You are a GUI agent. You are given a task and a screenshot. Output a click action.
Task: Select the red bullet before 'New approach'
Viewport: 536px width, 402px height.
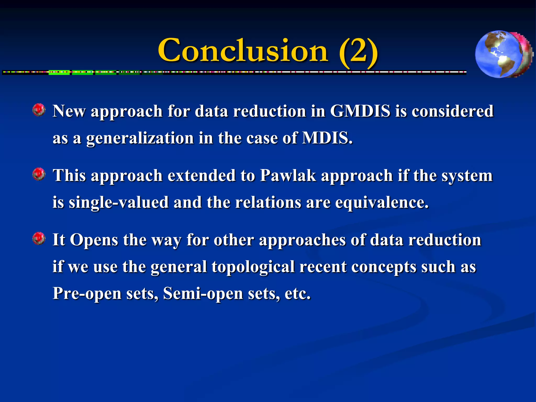[x=39, y=110]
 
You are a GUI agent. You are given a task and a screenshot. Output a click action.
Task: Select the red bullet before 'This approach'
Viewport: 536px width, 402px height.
[x=39, y=174]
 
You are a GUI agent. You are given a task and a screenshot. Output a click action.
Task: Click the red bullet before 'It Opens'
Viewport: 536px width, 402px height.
[x=39, y=238]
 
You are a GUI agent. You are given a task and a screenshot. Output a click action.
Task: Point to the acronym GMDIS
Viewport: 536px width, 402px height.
[x=360, y=111]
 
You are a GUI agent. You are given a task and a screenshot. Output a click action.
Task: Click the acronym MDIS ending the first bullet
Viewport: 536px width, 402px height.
[x=327, y=138]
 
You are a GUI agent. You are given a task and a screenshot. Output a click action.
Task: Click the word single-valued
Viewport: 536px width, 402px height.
[x=119, y=203]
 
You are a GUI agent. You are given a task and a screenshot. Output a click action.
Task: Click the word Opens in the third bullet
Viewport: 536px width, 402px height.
[x=94, y=240]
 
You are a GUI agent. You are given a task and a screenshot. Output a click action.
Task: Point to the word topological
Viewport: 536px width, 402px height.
[x=253, y=267]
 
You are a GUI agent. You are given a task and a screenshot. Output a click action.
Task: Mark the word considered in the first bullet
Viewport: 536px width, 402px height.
[x=453, y=111]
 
